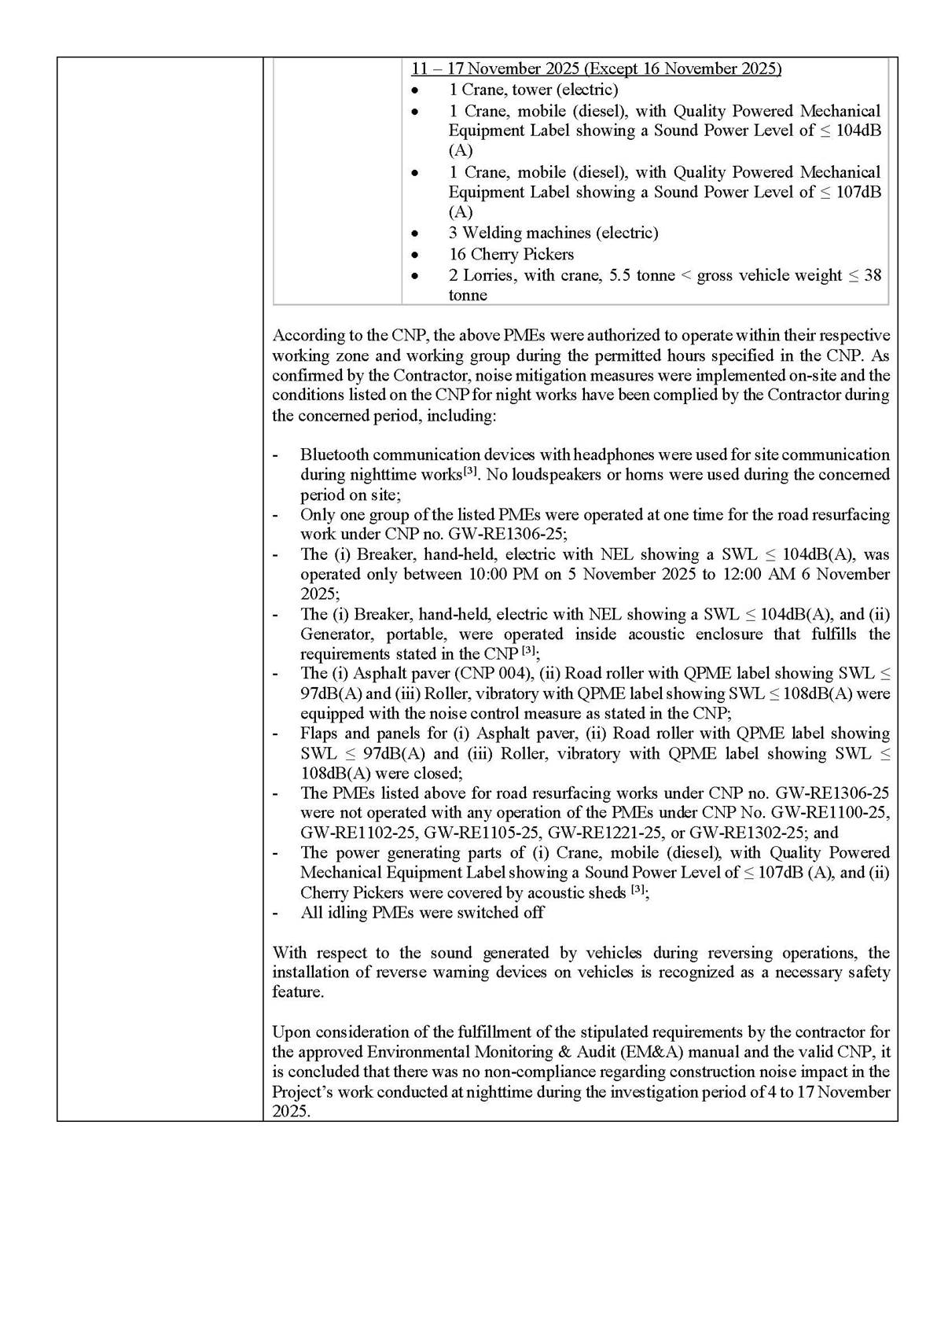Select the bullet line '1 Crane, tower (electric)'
click(x=534, y=90)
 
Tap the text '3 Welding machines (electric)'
click(x=553, y=233)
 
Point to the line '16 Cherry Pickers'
click(x=511, y=254)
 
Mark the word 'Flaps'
click(x=319, y=733)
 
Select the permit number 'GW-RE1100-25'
click(x=840, y=812)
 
